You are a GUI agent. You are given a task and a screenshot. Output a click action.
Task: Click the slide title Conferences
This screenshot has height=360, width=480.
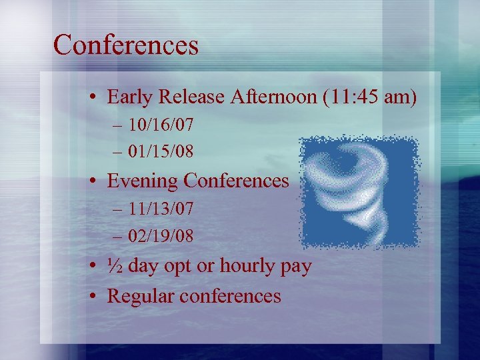126,45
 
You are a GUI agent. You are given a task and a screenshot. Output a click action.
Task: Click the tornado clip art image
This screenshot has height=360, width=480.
358,192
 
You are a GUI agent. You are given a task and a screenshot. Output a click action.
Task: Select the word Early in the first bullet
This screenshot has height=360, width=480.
129,97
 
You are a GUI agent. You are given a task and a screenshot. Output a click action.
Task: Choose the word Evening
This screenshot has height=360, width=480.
143,181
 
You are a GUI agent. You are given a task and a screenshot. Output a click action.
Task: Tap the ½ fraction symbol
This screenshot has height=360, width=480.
115,266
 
